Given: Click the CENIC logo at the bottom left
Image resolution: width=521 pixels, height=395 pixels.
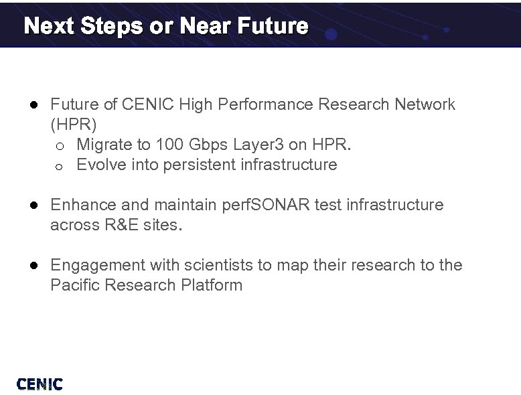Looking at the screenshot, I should (40, 384).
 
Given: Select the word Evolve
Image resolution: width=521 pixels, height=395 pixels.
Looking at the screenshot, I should (102, 165).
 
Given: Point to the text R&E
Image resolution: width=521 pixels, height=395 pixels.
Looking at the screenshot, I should (121, 225).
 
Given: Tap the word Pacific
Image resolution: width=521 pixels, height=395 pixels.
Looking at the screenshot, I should (74, 285).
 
